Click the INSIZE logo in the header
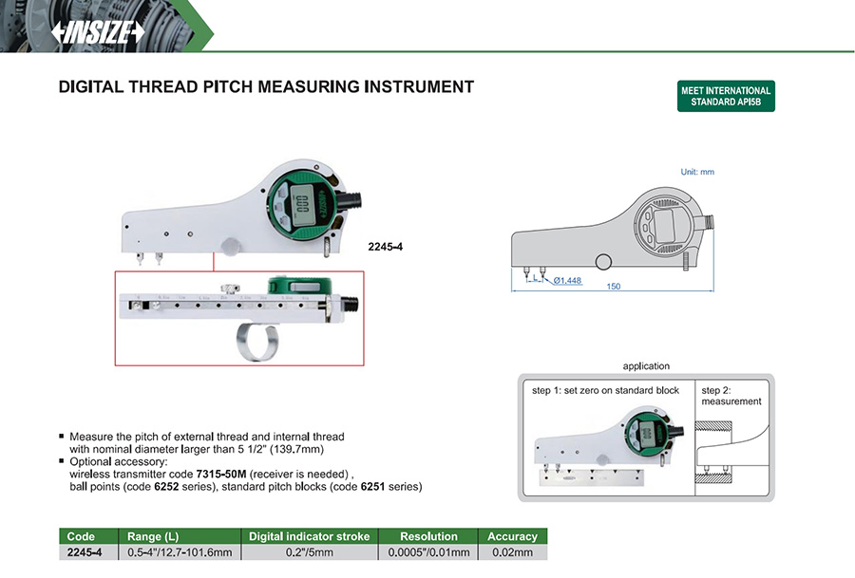click(98, 31)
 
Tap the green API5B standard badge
click(726, 96)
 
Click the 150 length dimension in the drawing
click(614, 287)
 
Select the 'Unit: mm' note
click(697, 172)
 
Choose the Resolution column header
click(428, 536)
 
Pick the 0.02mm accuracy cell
click(512, 551)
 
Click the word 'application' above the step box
click(646, 366)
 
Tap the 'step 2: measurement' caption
click(731, 396)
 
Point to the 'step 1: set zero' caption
click(605, 390)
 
